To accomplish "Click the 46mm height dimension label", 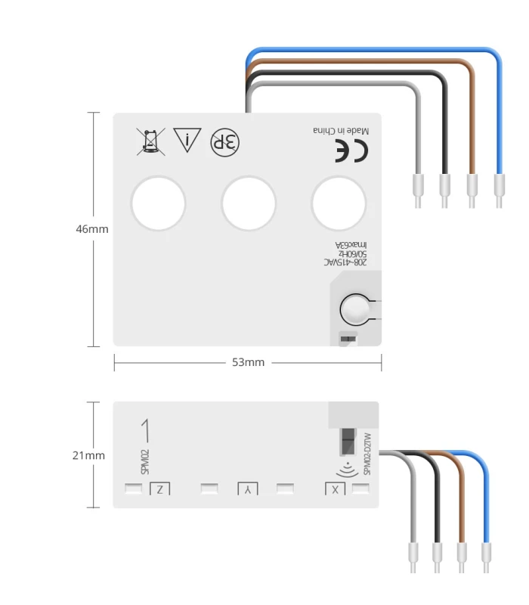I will click(92, 229).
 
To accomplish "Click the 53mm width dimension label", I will click(248, 363).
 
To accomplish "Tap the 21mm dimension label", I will click(88, 455).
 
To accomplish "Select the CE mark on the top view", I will click(352, 151).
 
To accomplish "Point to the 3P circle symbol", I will click(224, 141).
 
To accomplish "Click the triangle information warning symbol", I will click(186, 140).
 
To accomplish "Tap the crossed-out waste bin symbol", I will click(150, 141).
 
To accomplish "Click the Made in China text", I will click(342, 130).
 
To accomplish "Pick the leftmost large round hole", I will click(158, 203).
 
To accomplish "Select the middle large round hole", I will click(249, 203).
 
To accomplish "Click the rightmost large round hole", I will click(339, 203).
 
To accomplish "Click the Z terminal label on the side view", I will click(159, 489).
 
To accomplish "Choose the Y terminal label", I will click(247, 489).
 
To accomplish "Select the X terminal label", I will click(336, 489).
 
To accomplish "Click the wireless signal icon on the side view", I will click(346, 467).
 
